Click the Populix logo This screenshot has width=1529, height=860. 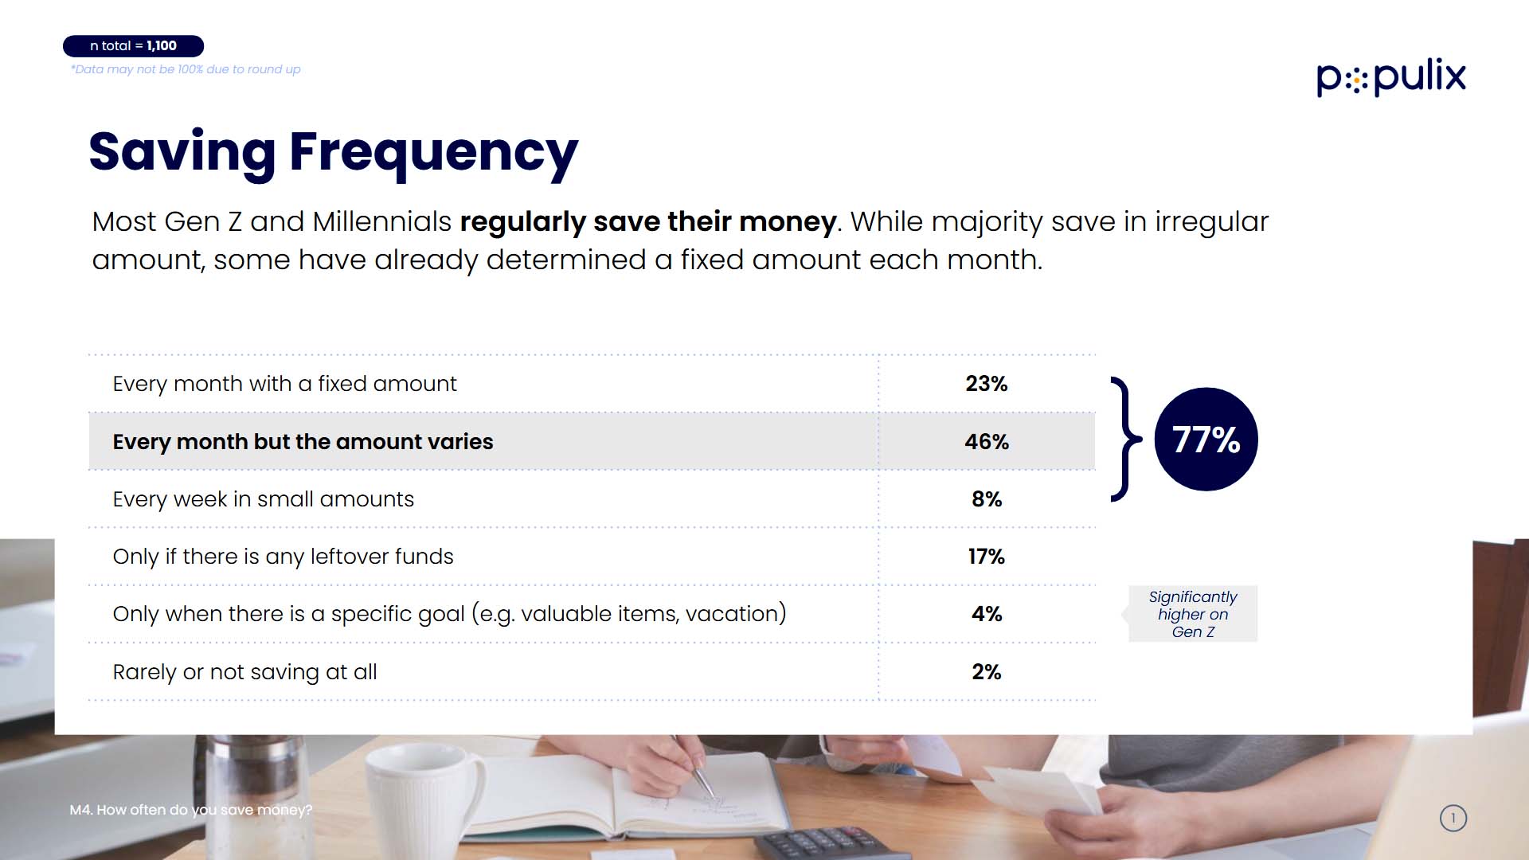[x=1391, y=77]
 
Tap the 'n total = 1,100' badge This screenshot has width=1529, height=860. [x=134, y=46]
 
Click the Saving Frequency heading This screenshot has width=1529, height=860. [x=334, y=152]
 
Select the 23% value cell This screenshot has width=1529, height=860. [x=987, y=384]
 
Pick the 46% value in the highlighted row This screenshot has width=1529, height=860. [x=987, y=441]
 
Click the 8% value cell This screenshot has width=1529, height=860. [x=987, y=499]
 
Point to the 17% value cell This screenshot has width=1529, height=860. [x=987, y=557]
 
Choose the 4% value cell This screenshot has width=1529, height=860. [x=987, y=614]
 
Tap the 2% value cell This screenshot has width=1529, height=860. [x=987, y=672]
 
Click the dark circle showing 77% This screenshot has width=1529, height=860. [x=1206, y=440]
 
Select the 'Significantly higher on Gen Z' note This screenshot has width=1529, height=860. [x=1193, y=614]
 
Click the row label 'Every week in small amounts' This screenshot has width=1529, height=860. [x=264, y=499]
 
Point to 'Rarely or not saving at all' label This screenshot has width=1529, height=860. [x=245, y=672]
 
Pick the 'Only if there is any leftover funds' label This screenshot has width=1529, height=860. [x=284, y=557]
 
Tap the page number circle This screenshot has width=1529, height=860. [x=1453, y=818]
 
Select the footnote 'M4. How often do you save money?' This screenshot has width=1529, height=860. [x=191, y=810]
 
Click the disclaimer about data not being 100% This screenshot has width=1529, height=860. [x=186, y=69]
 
